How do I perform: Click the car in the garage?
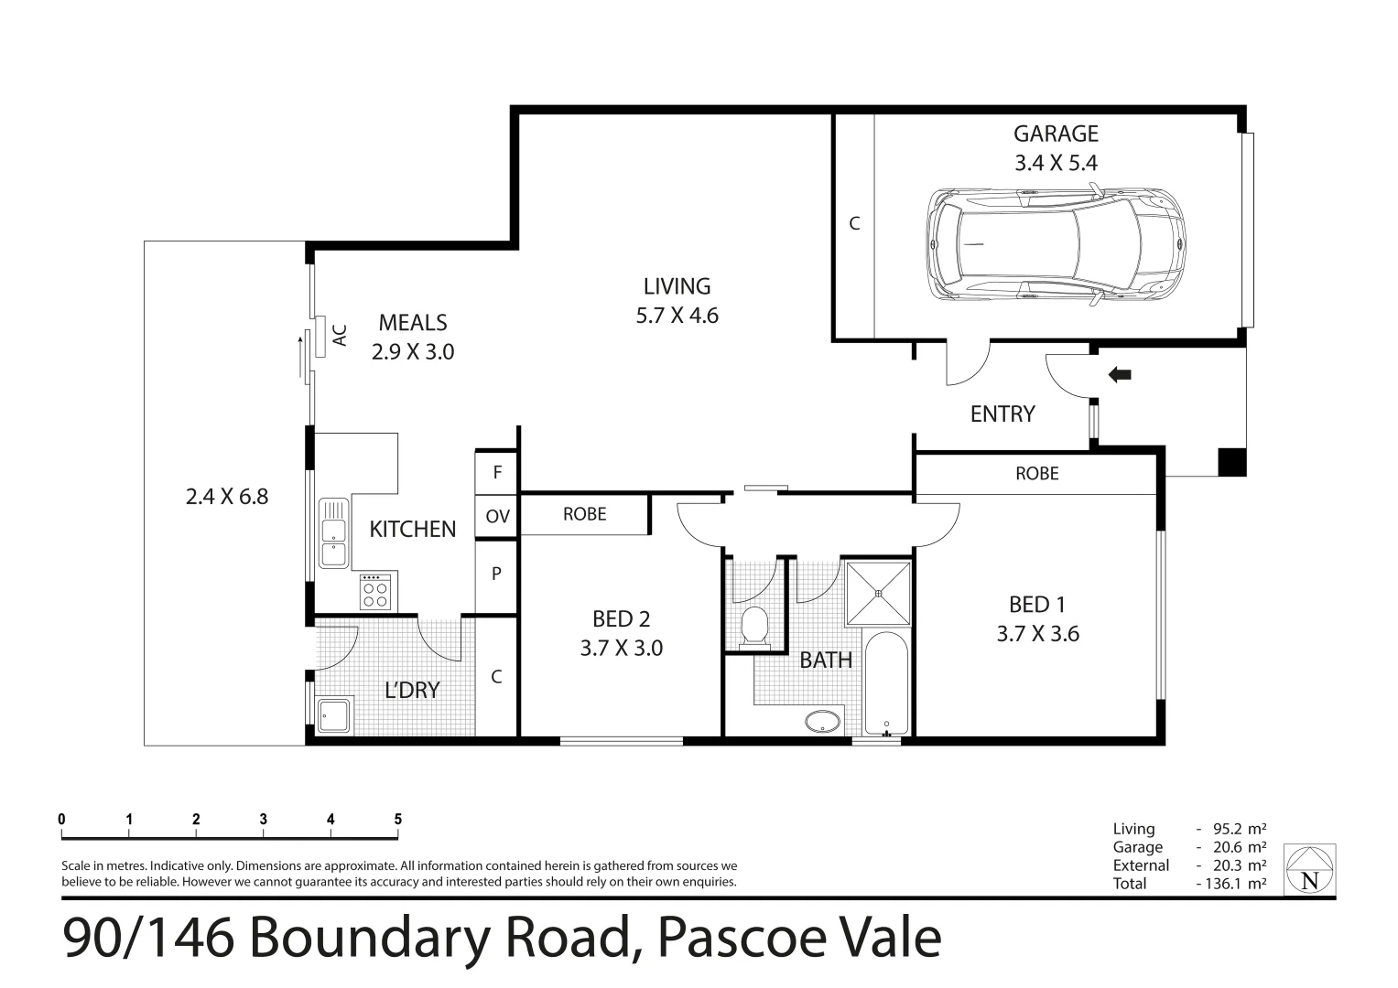coord(1055,244)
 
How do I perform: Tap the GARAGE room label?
coord(1055,134)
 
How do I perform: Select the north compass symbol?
coord(1309,869)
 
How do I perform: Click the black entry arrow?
coord(1120,374)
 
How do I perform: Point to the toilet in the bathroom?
coord(755,627)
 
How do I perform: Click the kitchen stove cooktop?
coord(374,592)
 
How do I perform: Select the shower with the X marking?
coord(878,592)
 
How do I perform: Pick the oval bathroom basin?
coord(822,721)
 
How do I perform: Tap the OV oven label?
coord(497,517)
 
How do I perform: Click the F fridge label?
coord(497,473)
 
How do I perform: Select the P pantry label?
coord(497,575)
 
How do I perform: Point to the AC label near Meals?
coord(340,335)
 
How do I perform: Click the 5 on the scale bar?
coord(397,820)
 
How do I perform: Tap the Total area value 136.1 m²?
coord(1231,884)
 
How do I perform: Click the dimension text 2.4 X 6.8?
coord(226,497)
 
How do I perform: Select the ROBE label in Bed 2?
coord(584,514)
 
